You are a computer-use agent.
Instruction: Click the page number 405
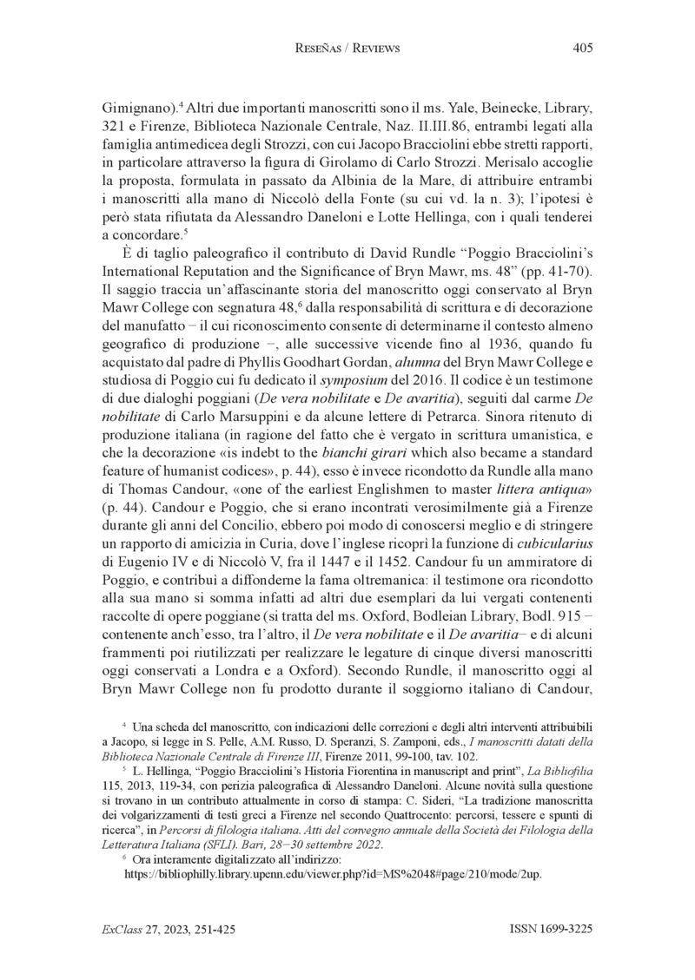582,49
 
